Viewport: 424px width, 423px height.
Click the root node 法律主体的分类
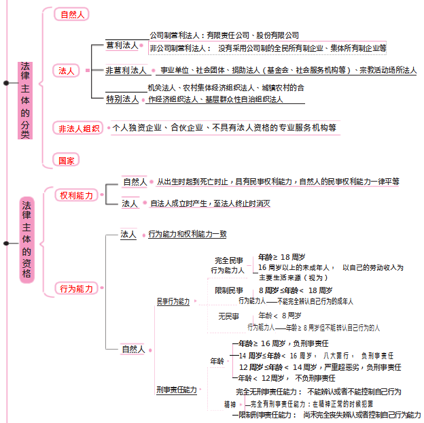point(25,100)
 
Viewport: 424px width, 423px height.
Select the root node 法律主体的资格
point(26,239)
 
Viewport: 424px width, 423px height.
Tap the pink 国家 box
point(67,160)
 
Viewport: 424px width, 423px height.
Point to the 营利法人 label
point(122,46)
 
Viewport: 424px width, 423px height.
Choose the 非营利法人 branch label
point(126,70)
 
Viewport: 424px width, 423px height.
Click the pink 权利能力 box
point(76,196)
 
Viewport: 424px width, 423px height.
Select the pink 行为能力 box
point(76,289)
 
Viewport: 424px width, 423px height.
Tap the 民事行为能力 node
point(173,301)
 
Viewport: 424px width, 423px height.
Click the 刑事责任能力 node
point(176,390)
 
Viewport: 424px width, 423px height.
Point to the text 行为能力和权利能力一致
point(187,234)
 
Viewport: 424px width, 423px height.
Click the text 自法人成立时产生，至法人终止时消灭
point(210,203)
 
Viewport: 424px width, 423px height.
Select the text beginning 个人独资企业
point(224,127)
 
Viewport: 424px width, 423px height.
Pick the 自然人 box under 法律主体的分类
point(73,14)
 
